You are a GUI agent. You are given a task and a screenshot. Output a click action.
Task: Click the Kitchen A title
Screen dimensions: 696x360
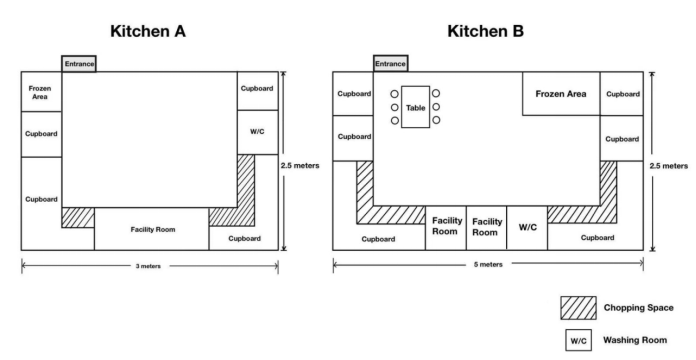pyautogui.click(x=148, y=32)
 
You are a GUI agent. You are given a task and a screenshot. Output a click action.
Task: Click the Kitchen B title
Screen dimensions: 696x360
pyautogui.click(x=486, y=32)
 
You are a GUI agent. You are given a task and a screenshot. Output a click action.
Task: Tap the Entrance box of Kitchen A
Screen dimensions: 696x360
pyautogui.click(x=79, y=63)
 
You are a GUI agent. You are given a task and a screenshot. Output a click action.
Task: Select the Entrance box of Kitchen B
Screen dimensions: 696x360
pyautogui.click(x=391, y=63)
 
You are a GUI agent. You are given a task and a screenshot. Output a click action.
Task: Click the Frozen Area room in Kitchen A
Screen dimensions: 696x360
pyautogui.click(x=41, y=92)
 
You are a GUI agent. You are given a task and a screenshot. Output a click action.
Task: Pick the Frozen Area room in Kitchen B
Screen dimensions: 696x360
pyautogui.click(x=561, y=94)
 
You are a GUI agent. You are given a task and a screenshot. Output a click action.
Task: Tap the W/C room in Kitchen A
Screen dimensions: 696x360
pyautogui.click(x=257, y=132)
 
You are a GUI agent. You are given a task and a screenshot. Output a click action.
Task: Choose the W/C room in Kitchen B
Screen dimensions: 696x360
pyautogui.click(x=527, y=228)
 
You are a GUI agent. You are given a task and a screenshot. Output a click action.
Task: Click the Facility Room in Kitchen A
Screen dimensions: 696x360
pyautogui.click(x=152, y=229)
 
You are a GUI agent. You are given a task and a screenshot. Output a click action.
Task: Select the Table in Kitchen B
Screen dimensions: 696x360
pyautogui.click(x=415, y=107)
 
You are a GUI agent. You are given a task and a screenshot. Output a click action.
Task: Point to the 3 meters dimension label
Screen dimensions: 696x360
pyautogui.click(x=148, y=266)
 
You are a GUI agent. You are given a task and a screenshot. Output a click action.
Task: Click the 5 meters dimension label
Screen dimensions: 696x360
pyautogui.click(x=488, y=264)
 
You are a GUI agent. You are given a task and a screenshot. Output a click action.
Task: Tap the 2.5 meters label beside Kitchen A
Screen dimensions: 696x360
pyautogui.click(x=300, y=166)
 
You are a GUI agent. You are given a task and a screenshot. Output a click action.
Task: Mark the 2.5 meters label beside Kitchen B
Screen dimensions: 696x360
pyautogui.click(x=668, y=166)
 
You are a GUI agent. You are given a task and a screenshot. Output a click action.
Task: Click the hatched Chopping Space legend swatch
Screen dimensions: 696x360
pyautogui.click(x=578, y=308)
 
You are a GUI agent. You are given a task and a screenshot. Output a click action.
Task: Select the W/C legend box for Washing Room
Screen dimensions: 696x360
pyautogui.click(x=578, y=340)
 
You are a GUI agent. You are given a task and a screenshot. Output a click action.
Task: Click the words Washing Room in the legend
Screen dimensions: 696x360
pyautogui.click(x=635, y=340)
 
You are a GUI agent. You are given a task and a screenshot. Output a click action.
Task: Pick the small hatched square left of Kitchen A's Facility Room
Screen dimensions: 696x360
pyautogui.click(x=78, y=218)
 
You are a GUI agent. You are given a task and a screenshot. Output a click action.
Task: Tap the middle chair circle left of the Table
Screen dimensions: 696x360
pyautogui.click(x=395, y=107)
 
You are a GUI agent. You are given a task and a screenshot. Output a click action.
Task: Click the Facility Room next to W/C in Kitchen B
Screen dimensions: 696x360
pyautogui.click(x=486, y=228)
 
